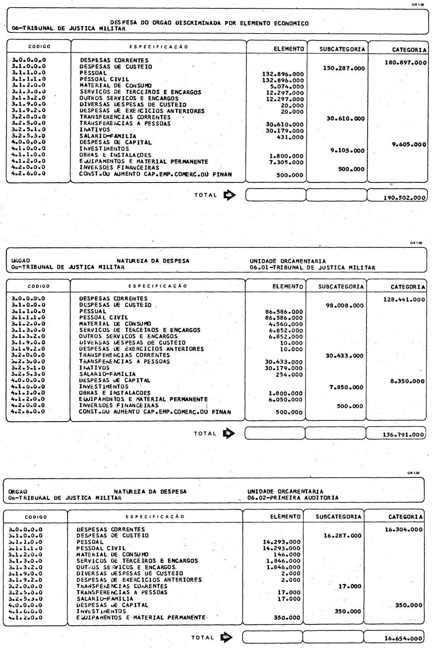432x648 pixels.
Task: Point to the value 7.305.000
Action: coord(285,162)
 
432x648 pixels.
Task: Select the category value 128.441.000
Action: coord(404,300)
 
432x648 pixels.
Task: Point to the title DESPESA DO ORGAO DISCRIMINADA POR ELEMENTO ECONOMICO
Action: coord(210,23)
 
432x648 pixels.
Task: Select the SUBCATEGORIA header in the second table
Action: coord(341,286)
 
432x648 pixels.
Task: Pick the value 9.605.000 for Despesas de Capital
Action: coord(408,144)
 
